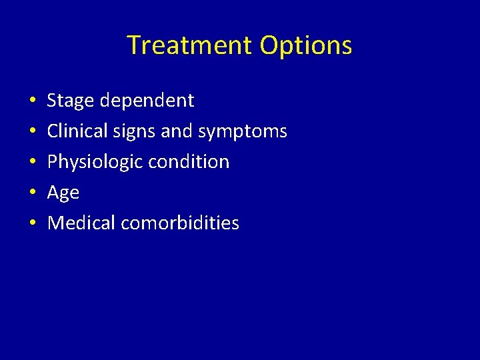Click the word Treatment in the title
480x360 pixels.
tap(190, 45)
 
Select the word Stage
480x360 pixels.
tap(71, 101)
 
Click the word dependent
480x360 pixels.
tap(147, 101)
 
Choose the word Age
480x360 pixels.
tap(63, 193)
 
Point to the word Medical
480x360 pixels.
tap(81, 223)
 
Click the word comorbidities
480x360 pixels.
tap(180, 223)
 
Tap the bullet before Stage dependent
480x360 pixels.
tap(33, 101)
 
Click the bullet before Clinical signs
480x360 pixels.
tap(33, 132)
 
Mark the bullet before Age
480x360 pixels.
tap(33, 193)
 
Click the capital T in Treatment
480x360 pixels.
tap(133, 45)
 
